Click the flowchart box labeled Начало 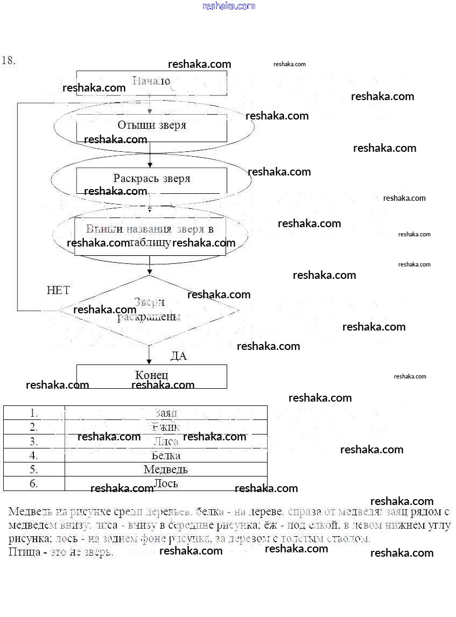[151, 82]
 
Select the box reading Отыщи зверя [151, 126]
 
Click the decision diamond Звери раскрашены [149, 310]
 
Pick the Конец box [151, 376]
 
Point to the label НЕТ [58, 291]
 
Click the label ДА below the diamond [179, 356]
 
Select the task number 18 [8, 60]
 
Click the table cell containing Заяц [166, 413]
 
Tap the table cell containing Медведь [166, 469]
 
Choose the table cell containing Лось [166, 483]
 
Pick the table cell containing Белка [166, 455]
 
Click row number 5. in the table [34, 469]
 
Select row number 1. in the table [34, 413]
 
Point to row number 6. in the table [34, 483]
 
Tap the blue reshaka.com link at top [228, 6]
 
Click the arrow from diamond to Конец [150, 355]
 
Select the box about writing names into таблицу [150, 236]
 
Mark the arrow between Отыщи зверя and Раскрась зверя [150, 155]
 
